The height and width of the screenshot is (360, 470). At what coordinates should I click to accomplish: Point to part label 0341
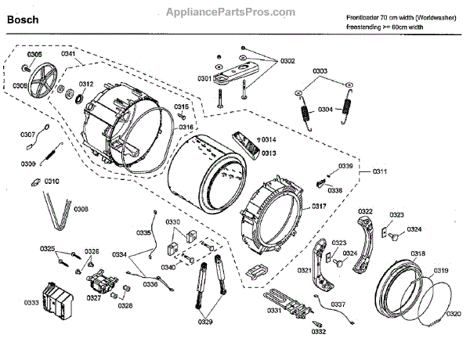coord(68,55)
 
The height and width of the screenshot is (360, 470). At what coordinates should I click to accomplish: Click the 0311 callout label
coord(381,171)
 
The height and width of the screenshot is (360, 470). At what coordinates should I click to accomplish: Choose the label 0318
coord(418,254)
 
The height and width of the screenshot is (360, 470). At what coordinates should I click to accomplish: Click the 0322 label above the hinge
coord(365,211)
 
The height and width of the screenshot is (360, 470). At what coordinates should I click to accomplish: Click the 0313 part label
coord(269,153)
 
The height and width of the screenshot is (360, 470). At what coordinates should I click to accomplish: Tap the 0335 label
coord(144,233)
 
